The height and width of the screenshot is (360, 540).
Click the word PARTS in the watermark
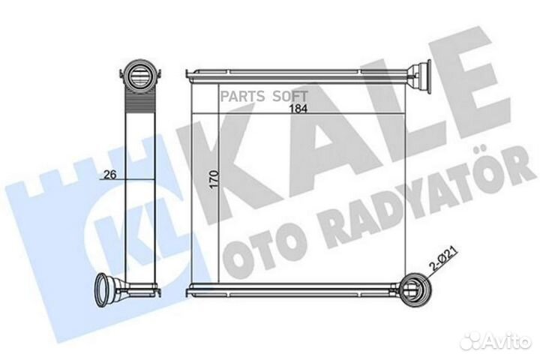click(242, 96)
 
